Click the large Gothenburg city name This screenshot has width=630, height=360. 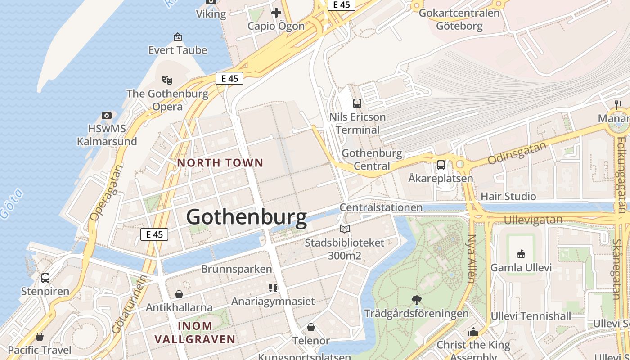pos(247,217)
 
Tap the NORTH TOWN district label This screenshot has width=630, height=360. pos(220,163)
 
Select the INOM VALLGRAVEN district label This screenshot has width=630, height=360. pos(195,333)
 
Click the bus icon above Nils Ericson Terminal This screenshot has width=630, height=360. pos(357,103)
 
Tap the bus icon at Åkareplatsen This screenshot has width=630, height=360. pos(441,165)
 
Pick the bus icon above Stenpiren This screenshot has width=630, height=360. pos(45,278)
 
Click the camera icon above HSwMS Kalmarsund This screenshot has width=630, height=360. pos(107,115)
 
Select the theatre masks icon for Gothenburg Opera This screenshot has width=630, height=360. pos(167,81)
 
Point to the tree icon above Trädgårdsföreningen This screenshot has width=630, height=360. pos(417,300)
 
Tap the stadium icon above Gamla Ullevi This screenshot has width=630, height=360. pos(521,254)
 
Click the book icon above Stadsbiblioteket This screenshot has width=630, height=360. pos(345,229)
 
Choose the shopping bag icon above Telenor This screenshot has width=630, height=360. pos(310,327)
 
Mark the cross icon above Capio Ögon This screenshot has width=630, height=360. pos(276,13)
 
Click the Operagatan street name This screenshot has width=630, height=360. pos(106,193)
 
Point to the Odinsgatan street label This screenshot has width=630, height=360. pos(517,153)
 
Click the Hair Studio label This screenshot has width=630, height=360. pos(508,197)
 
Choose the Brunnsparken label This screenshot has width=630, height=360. pos(236,269)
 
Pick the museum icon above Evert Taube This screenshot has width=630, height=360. pos(178,37)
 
